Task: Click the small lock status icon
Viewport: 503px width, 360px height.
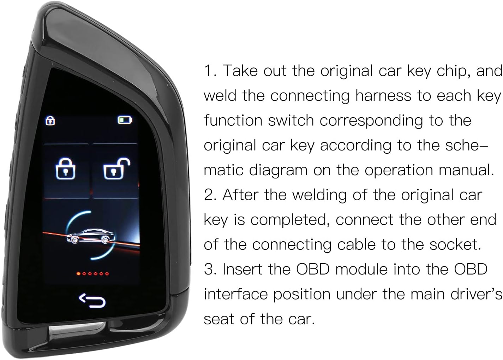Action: click(50, 121)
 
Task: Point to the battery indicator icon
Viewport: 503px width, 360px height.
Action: click(125, 120)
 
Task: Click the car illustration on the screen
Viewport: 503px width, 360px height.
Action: click(91, 236)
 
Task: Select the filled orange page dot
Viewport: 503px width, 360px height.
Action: click(78, 274)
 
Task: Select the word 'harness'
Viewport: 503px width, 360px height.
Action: click(383, 96)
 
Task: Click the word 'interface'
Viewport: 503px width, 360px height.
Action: click(236, 294)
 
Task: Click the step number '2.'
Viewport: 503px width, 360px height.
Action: click(210, 195)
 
